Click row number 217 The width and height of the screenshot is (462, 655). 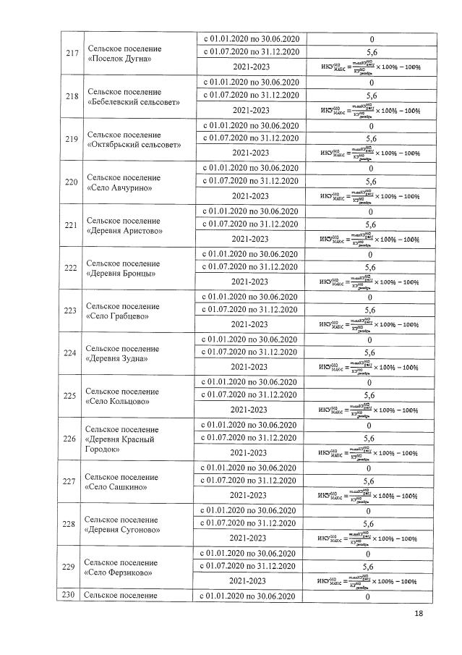(x=71, y=53)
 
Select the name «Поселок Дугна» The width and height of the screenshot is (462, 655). (x=119, y=59)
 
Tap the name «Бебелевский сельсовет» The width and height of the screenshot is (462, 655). (x=132, y=101)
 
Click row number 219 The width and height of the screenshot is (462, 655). (x=71, y=138)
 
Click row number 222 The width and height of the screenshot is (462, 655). (x=71, y=268)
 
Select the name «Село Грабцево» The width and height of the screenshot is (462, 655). (x=118, y=316)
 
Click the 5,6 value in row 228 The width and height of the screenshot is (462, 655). (x=368, y=524)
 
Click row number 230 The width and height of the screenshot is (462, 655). (x=69, y=596)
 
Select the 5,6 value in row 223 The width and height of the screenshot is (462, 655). (x=369, y=310)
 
